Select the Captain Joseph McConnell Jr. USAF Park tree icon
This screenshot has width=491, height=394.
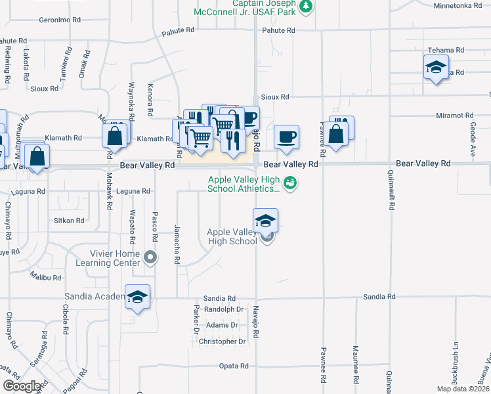[x=305, y=6]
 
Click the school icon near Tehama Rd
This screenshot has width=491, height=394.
[x=435, y=67]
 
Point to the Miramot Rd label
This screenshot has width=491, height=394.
[x=455, y=116]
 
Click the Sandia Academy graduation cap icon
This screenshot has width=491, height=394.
[x=138, y=297]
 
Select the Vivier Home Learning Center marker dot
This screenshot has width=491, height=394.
[x=151, y=257]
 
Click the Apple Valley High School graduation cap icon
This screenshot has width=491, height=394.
[x=265, y=220]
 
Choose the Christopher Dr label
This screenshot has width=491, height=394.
[x=222, y=341]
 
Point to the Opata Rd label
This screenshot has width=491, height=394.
[x=234, y=366]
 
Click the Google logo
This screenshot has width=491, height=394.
[x=22, y=386]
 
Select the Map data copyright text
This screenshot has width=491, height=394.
[x=463, y=389]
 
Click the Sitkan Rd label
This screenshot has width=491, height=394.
[x=69, y=221]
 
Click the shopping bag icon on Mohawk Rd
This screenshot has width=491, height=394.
[x=115, y=136]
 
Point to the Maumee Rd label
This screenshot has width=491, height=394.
[x=355, y=365]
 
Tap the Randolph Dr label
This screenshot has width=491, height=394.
[x=224, y=309]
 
